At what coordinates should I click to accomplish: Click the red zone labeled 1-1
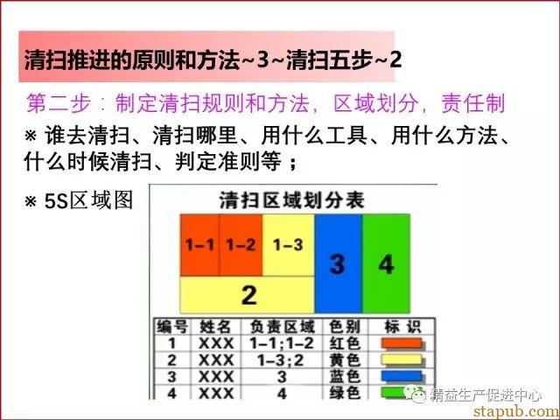click(x=199, y=245)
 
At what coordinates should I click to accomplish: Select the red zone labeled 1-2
click(x=241, y=245)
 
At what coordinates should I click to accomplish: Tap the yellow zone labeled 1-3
click(x=288, y=245)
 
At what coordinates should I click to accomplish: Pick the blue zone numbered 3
click(x=339, y=263)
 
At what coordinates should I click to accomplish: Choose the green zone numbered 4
click(x=387, y=263)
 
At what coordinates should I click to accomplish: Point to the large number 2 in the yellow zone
click(x=248, y=295)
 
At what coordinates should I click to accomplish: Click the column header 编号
click(x=172, y=326)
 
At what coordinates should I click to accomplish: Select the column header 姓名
click(x=215, y=326)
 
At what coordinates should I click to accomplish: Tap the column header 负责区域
click(x=282, y=326)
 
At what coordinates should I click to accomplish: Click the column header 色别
click(x=344, y=326)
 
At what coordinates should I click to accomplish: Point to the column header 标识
click(x=402, y=326)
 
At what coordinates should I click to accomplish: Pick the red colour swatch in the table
click(x=402, y=344)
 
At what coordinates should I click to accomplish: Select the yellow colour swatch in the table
click(x=402, y=360)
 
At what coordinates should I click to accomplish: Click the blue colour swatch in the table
click(x=402, y=376)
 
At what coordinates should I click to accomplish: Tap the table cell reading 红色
click(x=344, y=343)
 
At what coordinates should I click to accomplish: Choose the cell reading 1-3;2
click(x=281, y=360)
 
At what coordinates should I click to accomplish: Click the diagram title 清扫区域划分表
click(x=291, y=200)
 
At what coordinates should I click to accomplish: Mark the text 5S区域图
click(x=88, y=200)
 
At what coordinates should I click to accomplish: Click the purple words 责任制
click(x=472, y=103)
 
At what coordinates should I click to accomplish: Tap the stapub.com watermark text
click(x=516, y=411)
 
